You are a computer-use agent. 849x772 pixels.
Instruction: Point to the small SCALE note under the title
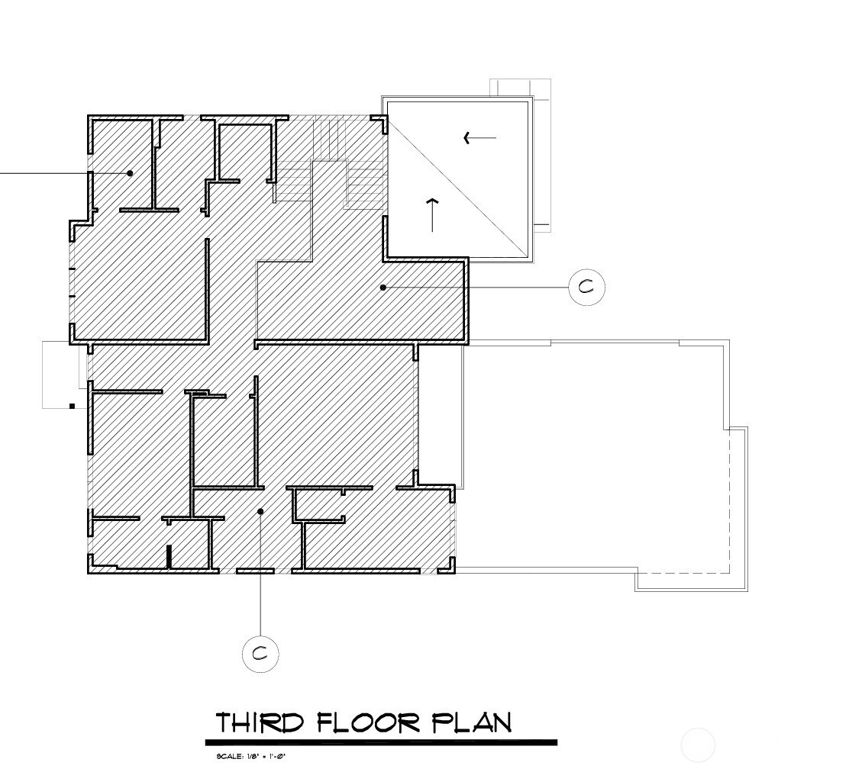pyautogui.click(x=250, y=757)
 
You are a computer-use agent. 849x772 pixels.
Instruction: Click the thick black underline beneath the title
pyautogui.click(x=381, y=742)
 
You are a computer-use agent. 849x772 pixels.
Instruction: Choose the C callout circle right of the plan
pyautogui.click(x=586, y=288)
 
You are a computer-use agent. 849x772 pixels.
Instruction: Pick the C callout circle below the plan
pyautogui.click(x=260, y=654)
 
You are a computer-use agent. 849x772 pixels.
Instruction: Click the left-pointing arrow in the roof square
pyautogui.click(x=479, y=138)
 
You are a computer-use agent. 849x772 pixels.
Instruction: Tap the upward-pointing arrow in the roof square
pyautogui.click(x=432, y=214)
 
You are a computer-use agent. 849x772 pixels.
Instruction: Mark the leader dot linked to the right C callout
pyautogui.click(x=383, y=288)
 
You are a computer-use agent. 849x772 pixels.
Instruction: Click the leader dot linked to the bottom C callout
pyautogui.click(x=260, y=511)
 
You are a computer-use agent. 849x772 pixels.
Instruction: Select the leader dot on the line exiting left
pyautogui.click(x=130, y=173)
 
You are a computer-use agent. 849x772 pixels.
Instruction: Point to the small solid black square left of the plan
pyautogui.click(x=73, y=407)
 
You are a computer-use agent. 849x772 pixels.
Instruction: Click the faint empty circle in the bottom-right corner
pyautogui.click(x=698, y=745)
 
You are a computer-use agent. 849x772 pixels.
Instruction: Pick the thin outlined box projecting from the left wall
pyautogui.click(x=61, y=374)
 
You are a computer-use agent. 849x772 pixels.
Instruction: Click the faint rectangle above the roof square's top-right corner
pyautogui.click(x=520, y=88)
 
